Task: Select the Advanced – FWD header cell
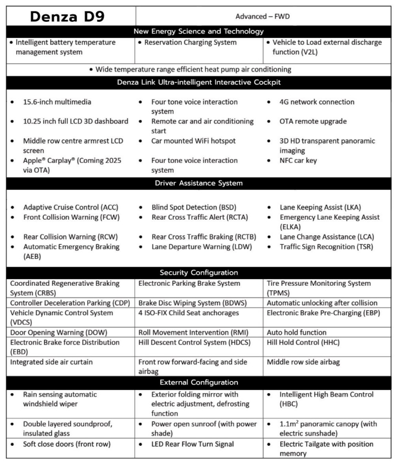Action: (x=263, y=16)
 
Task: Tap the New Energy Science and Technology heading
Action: (x=199, y=31)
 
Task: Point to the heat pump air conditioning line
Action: (x=193, y=70)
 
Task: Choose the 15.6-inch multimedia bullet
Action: (x=57, y=102)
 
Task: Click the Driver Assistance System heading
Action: (x=199, y=183)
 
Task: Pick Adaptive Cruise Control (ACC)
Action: (x=71, y=207)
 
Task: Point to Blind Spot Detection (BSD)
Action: (x=194, y=207)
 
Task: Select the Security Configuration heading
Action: (x=199, y=273)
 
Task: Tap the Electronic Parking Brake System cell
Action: (x=189, y=283)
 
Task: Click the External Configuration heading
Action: (x=199, y=382)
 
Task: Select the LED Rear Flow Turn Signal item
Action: (x=192, y=444)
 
